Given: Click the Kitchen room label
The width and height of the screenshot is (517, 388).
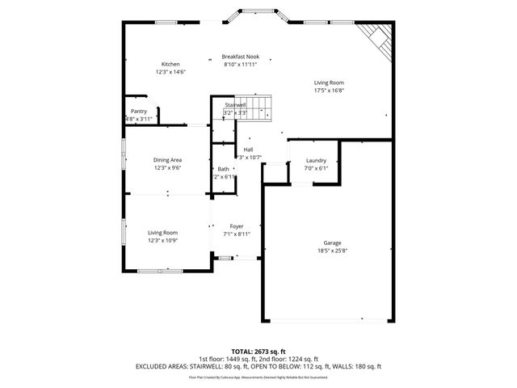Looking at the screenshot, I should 170,64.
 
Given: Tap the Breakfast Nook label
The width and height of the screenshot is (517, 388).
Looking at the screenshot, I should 240,57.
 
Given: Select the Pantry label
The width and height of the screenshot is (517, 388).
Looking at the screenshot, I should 138,112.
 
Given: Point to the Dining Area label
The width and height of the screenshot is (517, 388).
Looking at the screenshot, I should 167,161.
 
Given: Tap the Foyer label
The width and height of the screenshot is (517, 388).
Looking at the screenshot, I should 237,226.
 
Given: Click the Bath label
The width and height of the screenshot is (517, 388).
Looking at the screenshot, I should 223,169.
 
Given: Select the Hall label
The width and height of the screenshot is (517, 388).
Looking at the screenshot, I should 249,150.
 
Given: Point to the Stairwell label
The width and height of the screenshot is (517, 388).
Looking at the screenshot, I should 235,105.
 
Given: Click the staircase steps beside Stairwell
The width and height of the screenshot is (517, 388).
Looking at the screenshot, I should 259,108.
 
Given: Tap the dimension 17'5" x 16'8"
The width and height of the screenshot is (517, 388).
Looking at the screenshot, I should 329,91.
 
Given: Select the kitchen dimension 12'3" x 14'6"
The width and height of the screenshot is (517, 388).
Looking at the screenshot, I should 170,72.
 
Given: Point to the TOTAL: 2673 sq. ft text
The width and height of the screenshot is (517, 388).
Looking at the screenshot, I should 258,352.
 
